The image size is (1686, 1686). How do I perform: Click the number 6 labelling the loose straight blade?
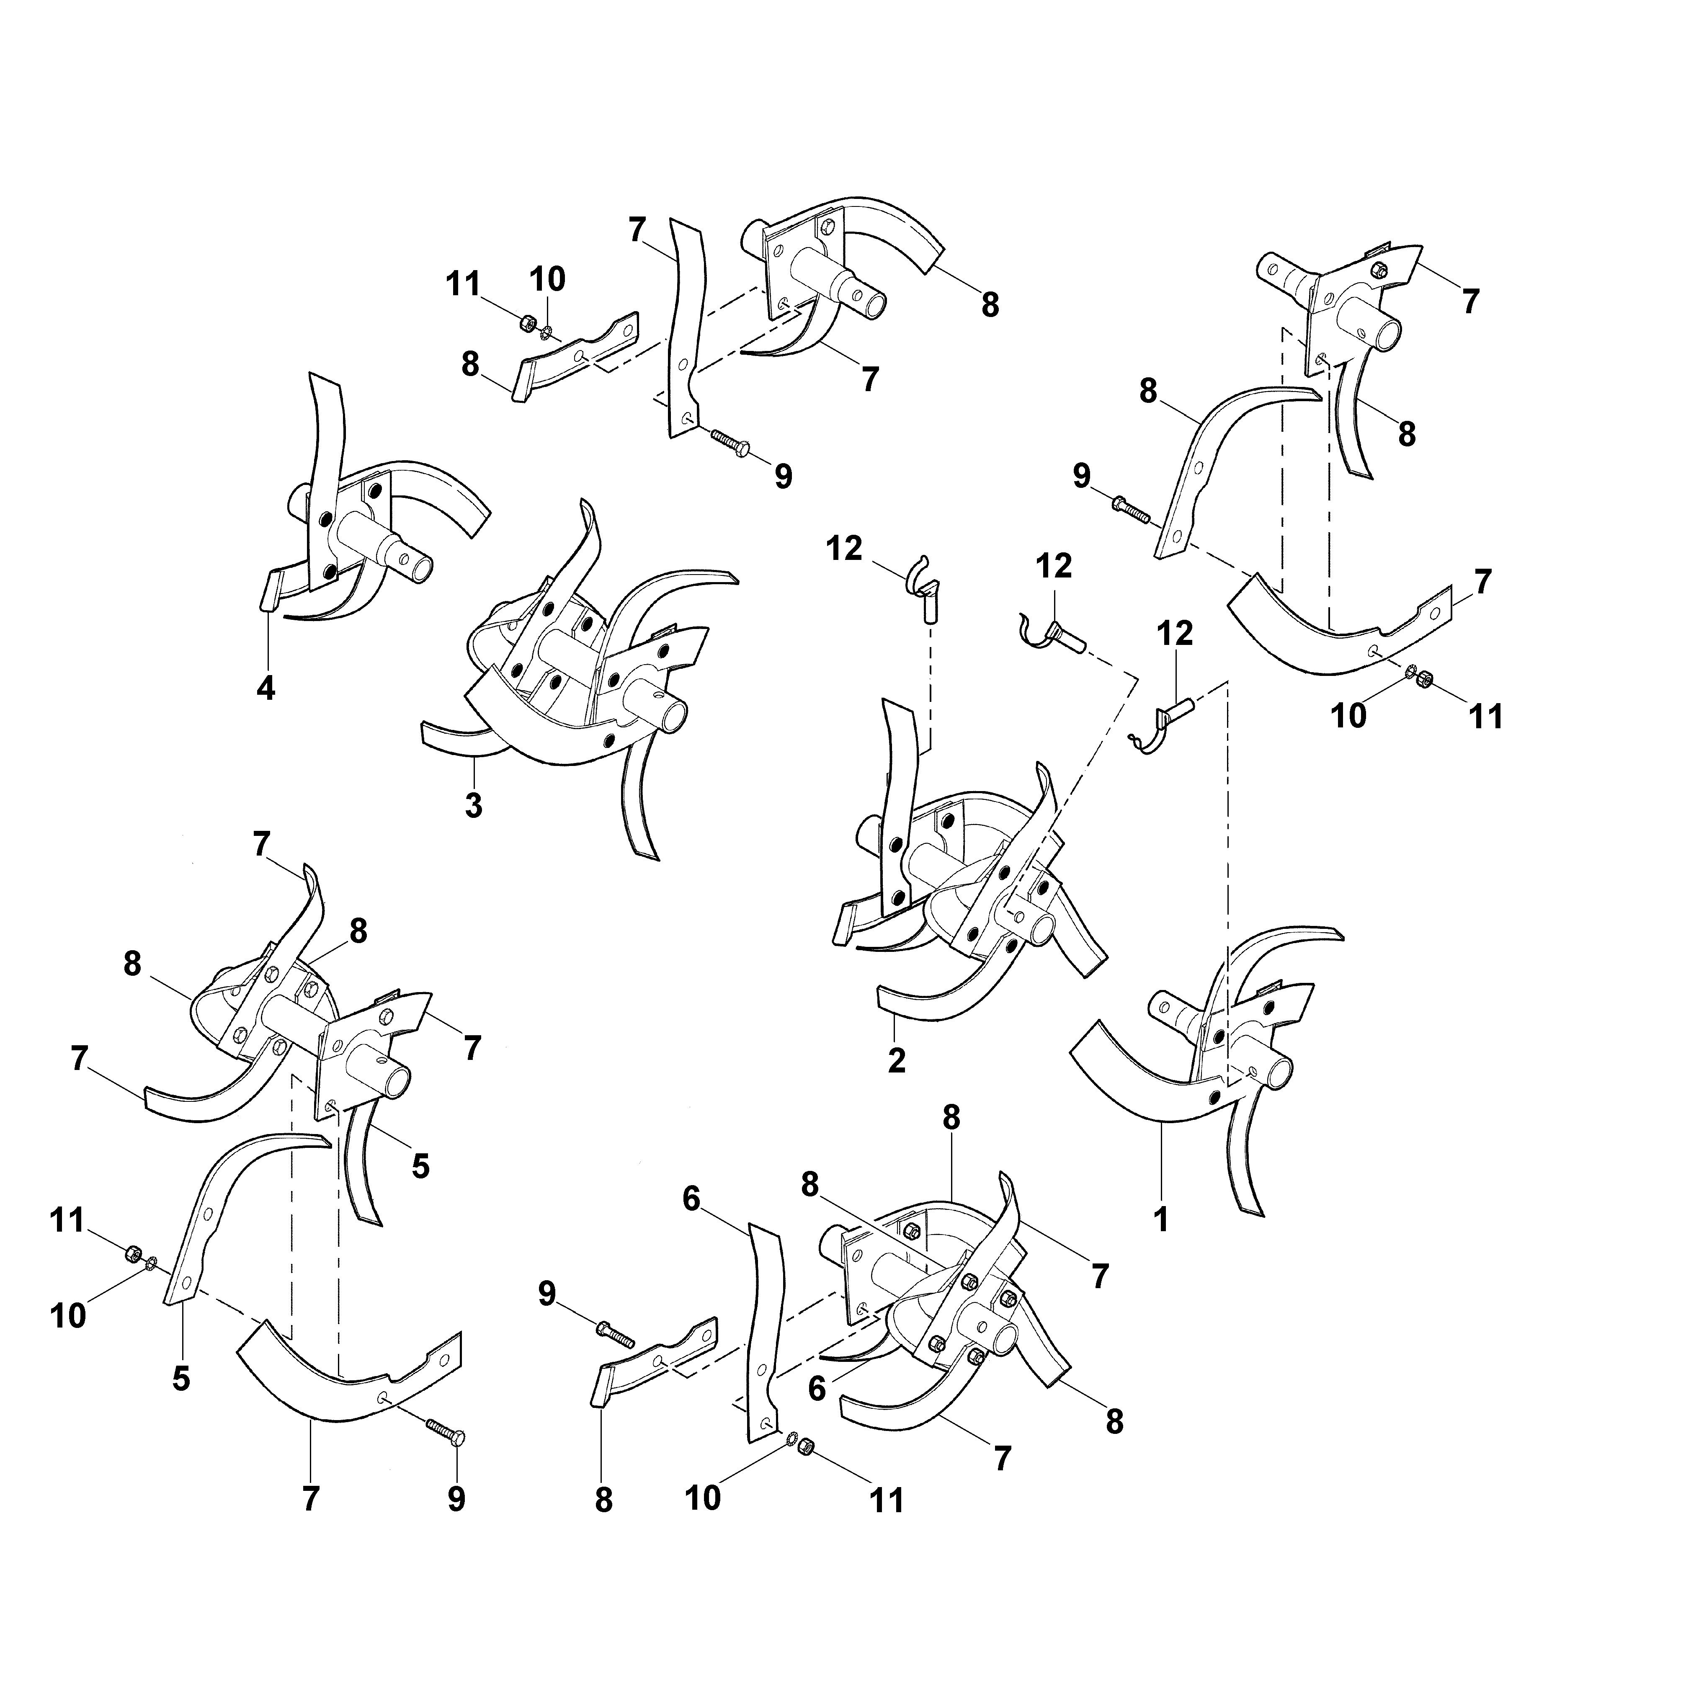click(x=691, y=1200)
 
